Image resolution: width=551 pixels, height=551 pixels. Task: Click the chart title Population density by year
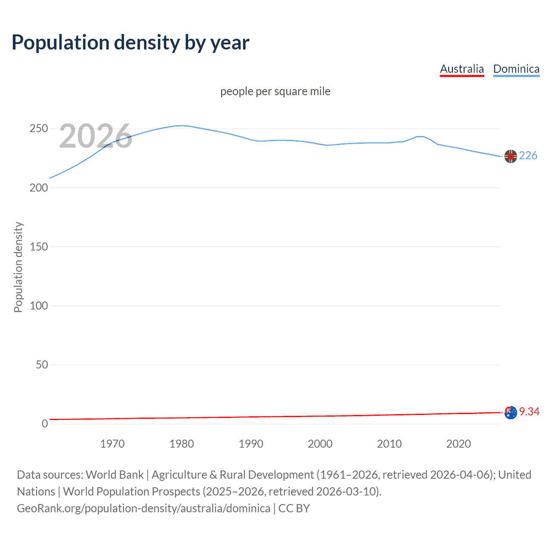pos(130,43)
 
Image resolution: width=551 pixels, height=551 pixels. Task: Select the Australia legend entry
pos(462,69)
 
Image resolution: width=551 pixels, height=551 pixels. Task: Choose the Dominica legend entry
pos(516,69)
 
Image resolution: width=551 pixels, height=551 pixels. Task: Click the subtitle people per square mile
pos(275,92)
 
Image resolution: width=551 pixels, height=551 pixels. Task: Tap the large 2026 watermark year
pos(96,136)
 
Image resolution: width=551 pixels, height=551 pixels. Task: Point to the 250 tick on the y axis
pos(39,129)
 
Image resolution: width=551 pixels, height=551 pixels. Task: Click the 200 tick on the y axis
pos(39,188)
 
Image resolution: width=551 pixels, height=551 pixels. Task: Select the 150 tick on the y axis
pos(39,247)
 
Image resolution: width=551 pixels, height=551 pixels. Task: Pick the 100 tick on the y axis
pos(39,306)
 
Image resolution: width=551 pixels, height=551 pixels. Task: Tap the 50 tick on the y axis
pos(42,365)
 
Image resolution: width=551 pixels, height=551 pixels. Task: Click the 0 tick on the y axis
pos(45,424)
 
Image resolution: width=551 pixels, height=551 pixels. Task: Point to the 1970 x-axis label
pos(112,444)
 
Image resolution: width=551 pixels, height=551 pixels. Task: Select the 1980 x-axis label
pos(182,444)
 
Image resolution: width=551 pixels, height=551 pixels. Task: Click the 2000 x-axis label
pos(320,444)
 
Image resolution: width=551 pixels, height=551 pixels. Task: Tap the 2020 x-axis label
pos(458,444)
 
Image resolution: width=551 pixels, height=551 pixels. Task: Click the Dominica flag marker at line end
pos(511,156)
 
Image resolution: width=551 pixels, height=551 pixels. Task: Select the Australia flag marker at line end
pos(511,412)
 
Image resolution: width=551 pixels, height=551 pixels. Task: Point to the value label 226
pos(528,156)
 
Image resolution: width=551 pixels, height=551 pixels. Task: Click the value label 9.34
pos(529,412)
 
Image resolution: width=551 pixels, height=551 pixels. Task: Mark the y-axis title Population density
pos(18,267)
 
